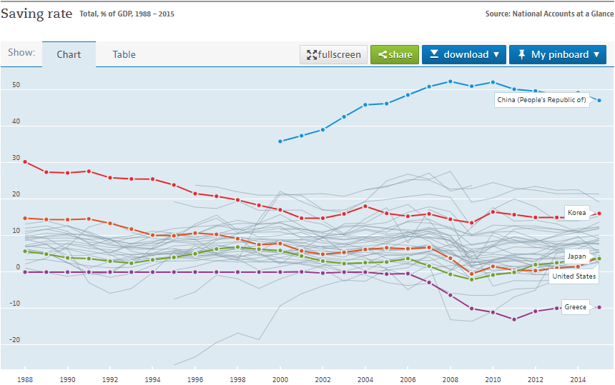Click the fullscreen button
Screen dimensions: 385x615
click(334, 55)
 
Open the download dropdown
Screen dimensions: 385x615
click(464, 55)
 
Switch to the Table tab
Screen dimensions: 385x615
click(124, 54)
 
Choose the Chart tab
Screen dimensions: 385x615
click(69, 54)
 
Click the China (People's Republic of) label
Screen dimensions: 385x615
click(542, 100)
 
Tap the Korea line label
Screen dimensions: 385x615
click(576, 213)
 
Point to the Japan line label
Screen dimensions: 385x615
click(576, 256)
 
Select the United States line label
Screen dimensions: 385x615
click(574, 276)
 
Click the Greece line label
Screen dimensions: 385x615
click(575, 307)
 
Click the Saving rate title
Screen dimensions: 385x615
click(36, 14)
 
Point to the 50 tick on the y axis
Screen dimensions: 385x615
click(16, 86)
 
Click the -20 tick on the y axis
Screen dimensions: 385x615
click(14, 340)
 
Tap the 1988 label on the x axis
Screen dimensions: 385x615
click(25, 380)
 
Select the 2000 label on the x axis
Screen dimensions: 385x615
click(280, 380)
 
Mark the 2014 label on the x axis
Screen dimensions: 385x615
click(578, 380)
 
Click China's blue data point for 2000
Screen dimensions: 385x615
click(280, 141)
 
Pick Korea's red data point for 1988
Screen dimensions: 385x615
click(25, 161)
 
